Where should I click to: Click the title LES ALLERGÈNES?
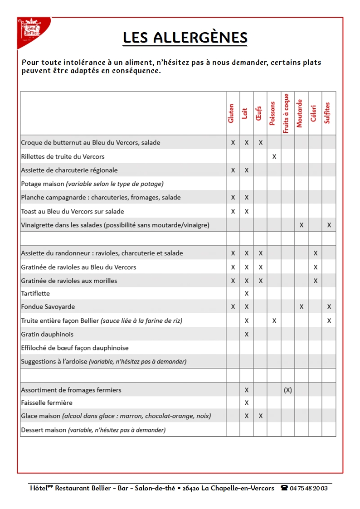pos(185,38)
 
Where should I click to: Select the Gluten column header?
pos(231,113)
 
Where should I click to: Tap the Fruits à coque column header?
pos(286,113)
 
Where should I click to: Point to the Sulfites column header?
pos(327,113)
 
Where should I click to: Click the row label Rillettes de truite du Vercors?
pos(63,156)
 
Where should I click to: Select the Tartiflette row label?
pos(35,293)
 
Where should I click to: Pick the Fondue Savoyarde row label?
pos(48,307)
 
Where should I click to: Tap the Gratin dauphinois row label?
pos(47,334)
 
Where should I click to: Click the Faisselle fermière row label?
pos(47,402)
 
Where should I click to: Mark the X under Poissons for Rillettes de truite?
pos(274,157)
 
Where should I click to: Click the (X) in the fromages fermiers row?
pos(288,390)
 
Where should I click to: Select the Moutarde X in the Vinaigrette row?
pos(302,225)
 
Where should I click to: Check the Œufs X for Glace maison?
pos(261,416)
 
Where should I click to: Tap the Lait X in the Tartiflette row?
pos(247,294)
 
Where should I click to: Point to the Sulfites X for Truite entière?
pos(329,321)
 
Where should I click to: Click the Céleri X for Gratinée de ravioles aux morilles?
pos(316,281)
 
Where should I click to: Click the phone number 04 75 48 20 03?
pos(309,488)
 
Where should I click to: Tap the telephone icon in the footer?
pos(284,488)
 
